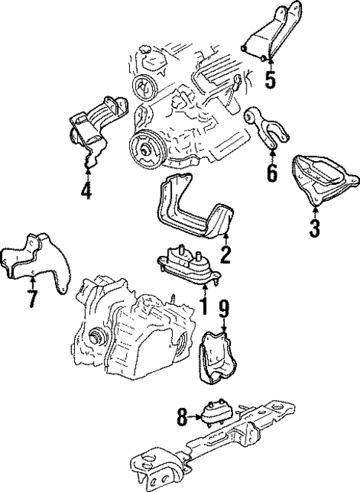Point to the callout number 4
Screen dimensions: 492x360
[88, 191]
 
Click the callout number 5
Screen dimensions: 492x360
[270, 78]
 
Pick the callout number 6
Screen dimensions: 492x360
[272, 172]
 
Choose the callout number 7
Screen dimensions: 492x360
[32, 299]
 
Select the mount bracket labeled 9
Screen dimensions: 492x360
[217, 358]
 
